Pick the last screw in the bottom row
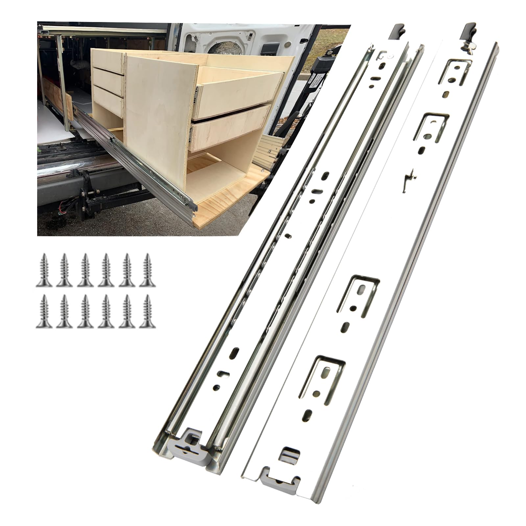tap(147, 311)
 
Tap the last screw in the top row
tap(147, 270)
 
